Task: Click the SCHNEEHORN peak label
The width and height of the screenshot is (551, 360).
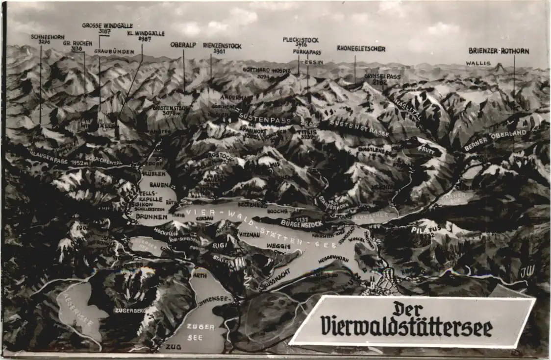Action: click(x=41, y=37)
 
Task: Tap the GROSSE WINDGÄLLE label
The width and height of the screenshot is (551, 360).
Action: click(x=107, y=25)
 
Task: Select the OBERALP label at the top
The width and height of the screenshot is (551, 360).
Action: click(x=183, y=45)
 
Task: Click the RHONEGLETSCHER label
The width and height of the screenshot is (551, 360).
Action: click(x=361, y=48)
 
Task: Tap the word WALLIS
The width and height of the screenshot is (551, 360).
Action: click(x=478, y=63)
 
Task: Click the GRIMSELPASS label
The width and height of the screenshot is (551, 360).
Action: click(x=382, y=76)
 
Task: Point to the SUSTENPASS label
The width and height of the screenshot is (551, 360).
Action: click(x=265, y=119)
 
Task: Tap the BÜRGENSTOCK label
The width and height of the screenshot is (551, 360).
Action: click(x=301, y=224)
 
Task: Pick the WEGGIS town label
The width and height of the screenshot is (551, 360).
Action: click(x=278, y=246)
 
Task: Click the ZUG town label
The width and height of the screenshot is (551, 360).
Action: click(x=170, y=346)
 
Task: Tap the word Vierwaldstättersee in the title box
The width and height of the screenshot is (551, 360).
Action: click(x=407, y=327)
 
